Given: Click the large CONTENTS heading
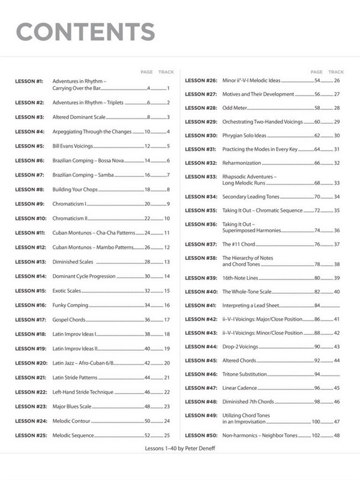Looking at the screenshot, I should pos(85,31).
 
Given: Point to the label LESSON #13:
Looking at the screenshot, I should pos(30,262).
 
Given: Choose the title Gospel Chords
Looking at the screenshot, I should pos(69,320).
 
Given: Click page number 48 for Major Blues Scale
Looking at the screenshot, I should pos(147,406).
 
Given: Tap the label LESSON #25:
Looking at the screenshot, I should pos(30,435).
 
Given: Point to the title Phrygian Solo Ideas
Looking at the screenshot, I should pos(244,136).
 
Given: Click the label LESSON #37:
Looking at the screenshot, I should pos(200,244).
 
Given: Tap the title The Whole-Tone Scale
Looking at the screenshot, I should pos(247,292).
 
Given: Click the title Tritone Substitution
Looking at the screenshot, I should pos(246,374).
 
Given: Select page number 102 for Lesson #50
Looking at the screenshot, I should pos(316,435).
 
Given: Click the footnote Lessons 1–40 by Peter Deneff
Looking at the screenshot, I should pos(179,448).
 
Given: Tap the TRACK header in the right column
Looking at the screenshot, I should pos(336,72).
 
